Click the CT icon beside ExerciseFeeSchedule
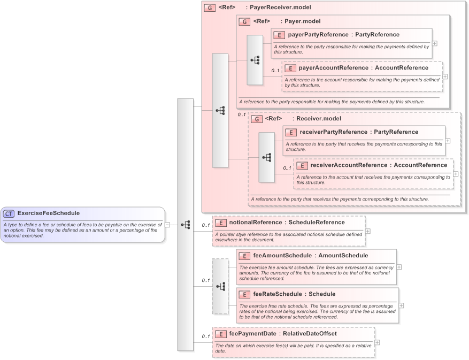coord(9,213)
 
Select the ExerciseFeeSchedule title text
coord(48,213)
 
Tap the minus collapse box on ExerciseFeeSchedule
coord(167,225)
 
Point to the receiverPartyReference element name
coord(333,132)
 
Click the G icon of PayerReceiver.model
coord(210,8)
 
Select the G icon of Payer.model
coord(244,22)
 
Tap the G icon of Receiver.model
coord(256,119)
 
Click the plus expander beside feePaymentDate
coord(378,342)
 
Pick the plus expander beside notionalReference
coord(368,231)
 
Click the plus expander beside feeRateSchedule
coord(402,305)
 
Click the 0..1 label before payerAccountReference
coord(275,71)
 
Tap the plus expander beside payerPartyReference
coord(435,43)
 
